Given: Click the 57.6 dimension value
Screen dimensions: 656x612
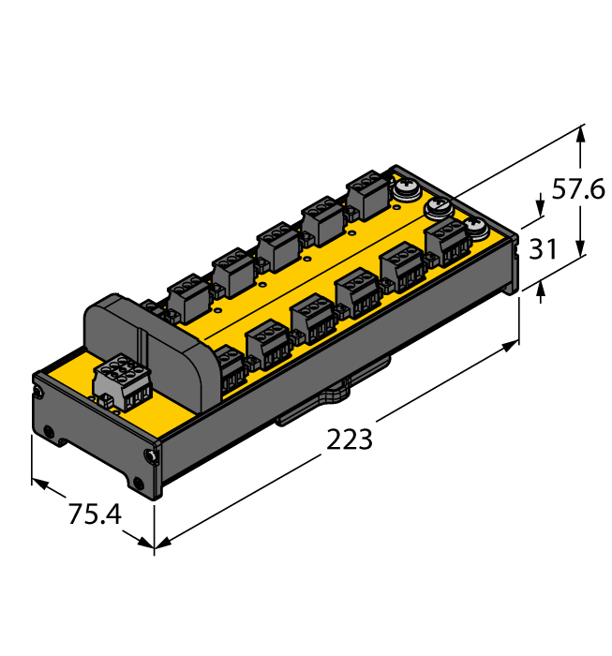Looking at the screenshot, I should tap(575, 190).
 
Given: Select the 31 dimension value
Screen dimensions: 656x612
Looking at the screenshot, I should tap(544, 250).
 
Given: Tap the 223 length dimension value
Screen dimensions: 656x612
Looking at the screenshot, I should tap(350, 439).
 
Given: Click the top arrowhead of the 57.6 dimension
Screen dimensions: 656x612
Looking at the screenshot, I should tap(581, 132).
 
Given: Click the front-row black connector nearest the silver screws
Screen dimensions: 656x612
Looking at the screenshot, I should tap(447, 243).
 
